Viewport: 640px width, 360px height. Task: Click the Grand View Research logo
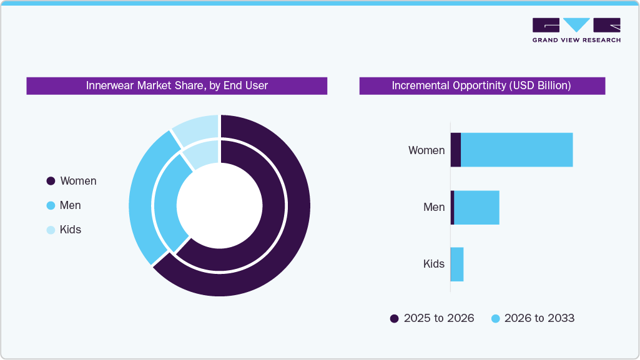[576, 30]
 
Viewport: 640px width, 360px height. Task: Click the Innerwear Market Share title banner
[177, 85]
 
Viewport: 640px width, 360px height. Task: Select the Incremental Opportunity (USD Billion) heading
[481, 85]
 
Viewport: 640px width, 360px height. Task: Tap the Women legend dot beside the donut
[51, 181]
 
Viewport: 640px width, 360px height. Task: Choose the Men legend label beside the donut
[70, 205]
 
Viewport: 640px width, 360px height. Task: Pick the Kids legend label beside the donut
[70, 230]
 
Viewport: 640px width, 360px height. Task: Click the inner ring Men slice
[167, 200]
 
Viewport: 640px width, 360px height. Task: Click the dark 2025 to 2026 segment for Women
[455, 150]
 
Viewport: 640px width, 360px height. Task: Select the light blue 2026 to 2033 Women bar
[516, 150]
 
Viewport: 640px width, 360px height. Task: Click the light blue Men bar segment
[476, 207]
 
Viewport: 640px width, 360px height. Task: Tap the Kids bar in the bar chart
[456, 264]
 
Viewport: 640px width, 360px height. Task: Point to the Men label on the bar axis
[434, 207]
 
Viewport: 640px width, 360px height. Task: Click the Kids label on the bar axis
[434, 264]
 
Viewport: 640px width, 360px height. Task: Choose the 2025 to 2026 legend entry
[432, 318]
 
